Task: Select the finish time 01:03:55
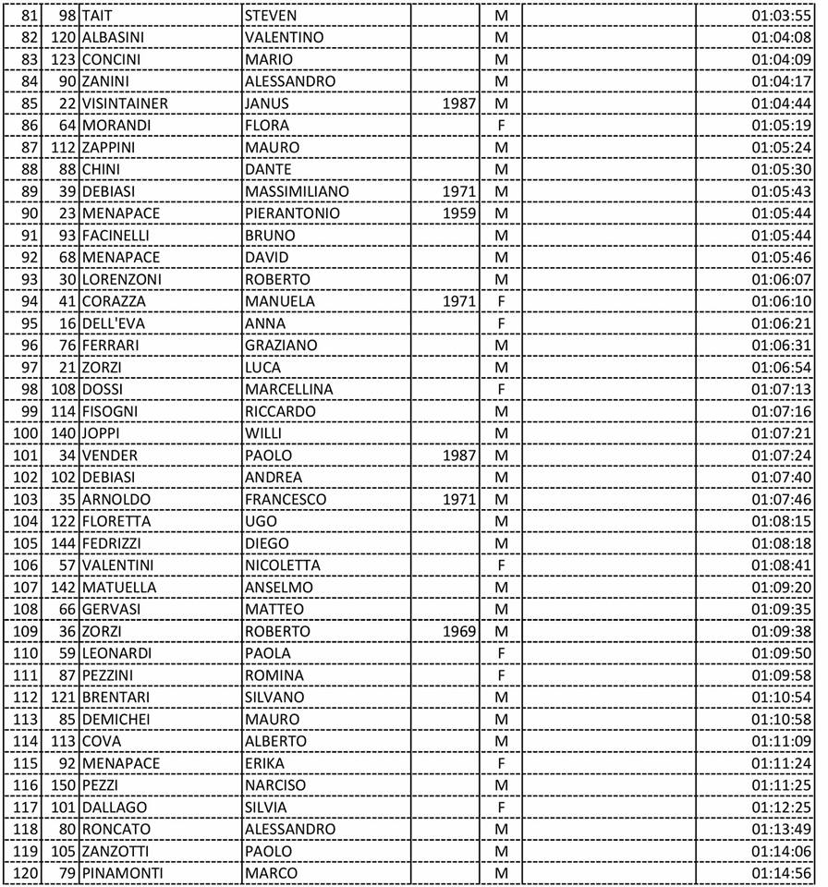click(x=781, y=16)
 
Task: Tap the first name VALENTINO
click(x=285, y=38)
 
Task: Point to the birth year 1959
click(x=459, y=213)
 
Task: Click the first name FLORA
click(x=267, y=126)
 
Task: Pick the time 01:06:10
click(x=781, y=301)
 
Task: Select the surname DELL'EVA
click(x=114, y=323)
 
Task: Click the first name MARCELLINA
click(x=289, y=389)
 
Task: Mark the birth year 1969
click(x=459, y=631)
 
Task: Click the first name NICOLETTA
click(x=283, y=565)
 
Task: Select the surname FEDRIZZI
click(x=115, y=543)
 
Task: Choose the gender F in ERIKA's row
click(x=502, y=763)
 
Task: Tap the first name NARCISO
click(x=275, y=785)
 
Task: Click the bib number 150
click(x=63, y=785)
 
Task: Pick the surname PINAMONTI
click(x=121, y=873)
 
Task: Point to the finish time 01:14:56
click(x=781, y=873)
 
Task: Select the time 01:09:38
click(x=781, y=631)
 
